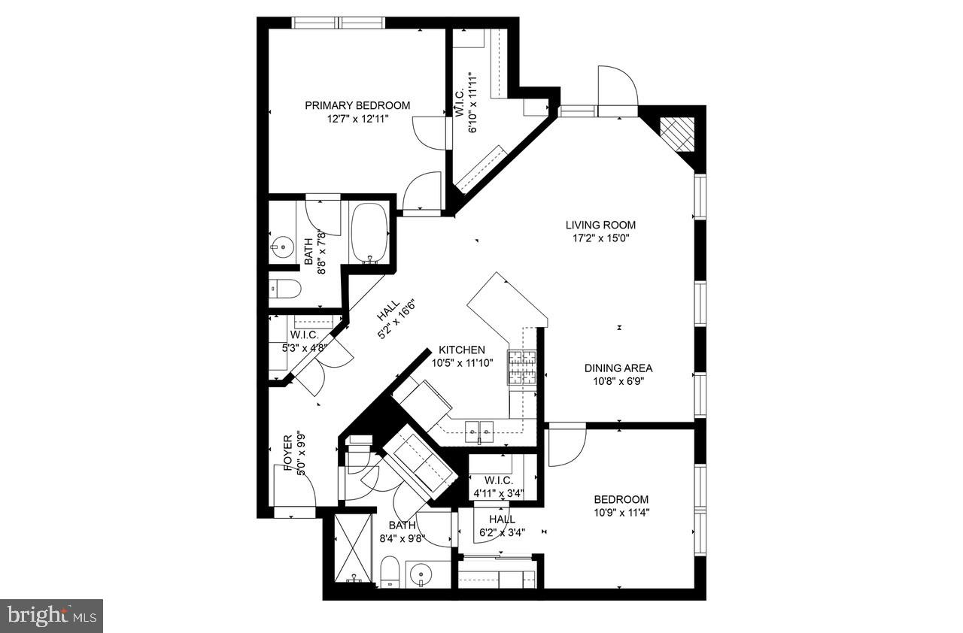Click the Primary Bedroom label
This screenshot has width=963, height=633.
coord(357,105)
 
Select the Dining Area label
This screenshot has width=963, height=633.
coord(618,368)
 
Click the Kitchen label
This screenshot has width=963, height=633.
coord(462,350)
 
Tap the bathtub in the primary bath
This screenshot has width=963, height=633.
coord(369,233)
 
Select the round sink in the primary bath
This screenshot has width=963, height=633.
coord(282,245)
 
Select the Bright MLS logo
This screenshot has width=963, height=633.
coord(51,615)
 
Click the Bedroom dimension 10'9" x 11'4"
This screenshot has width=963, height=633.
coord(621,513)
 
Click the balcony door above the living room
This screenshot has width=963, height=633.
coord(618,90)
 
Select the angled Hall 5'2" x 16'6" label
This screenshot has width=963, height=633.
coord(396,320)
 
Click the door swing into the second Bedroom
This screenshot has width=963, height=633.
coord(567,446)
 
